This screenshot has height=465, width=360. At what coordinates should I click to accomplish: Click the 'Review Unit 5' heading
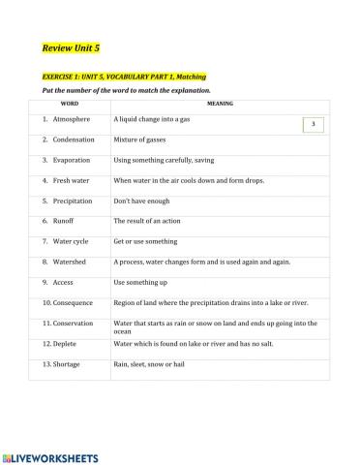point(69,46)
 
